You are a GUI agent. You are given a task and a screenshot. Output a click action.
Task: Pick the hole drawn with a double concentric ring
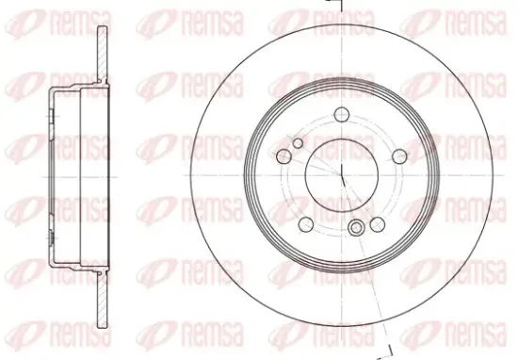tap(356, 229)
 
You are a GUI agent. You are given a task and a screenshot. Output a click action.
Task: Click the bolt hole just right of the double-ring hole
tap(377, 223)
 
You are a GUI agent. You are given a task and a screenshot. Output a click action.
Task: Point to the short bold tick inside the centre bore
tap(341, 179)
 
